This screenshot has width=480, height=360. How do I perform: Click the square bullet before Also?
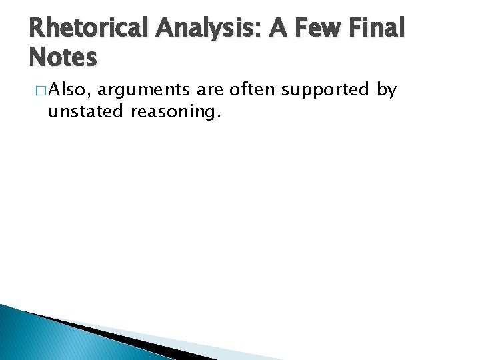41,91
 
